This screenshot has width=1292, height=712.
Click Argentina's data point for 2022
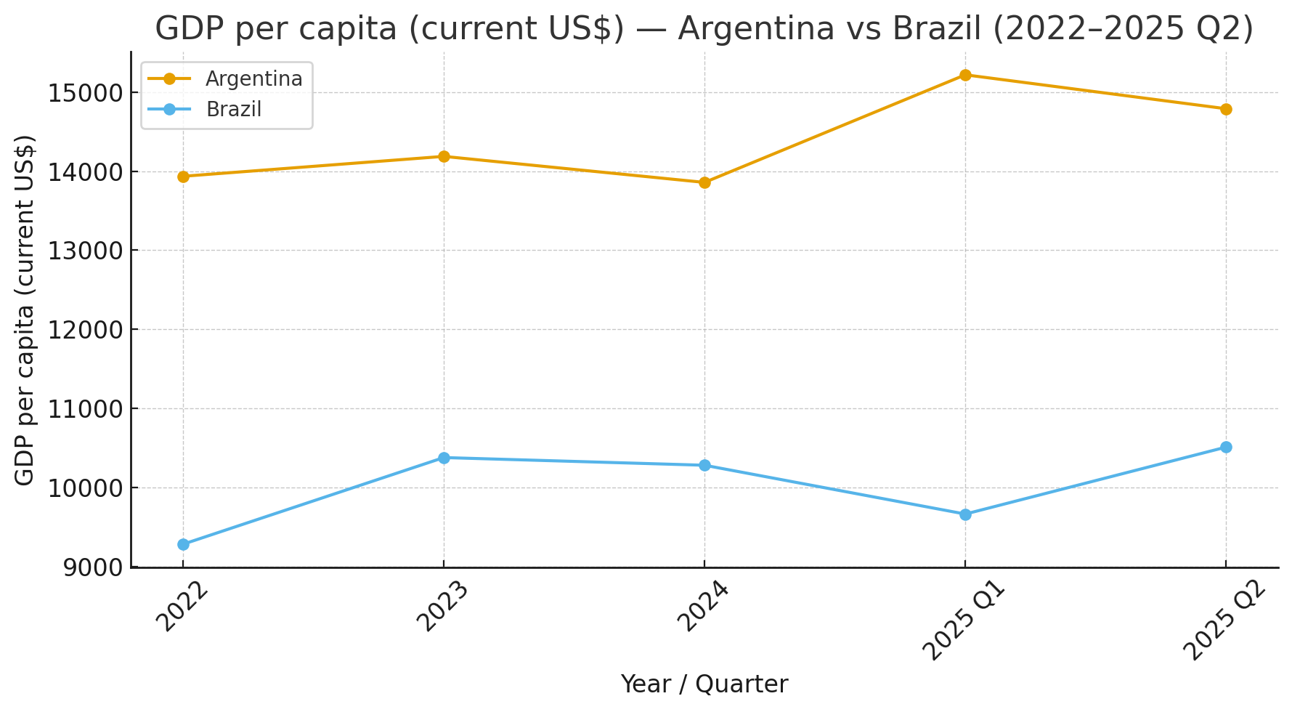(183, 177)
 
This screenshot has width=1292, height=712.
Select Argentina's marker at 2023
(444, 156)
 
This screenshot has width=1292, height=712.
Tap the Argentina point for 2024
(704, 182)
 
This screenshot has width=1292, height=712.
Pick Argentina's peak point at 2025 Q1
(965, 75)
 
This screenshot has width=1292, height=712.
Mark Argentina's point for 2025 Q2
(1226, 109)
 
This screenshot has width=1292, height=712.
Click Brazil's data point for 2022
(183, 544)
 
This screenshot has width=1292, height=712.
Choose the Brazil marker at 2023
(444, 458)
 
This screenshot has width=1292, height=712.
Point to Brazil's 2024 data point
(704, 465)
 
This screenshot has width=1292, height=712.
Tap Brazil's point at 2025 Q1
(965, 514)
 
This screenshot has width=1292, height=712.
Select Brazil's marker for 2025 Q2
(1226, 447)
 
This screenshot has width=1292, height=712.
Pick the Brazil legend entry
(233, 110)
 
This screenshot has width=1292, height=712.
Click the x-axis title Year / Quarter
(704, 684)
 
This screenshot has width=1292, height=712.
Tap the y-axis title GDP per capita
(25, 310)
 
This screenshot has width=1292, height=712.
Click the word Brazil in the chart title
(937, 29)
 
